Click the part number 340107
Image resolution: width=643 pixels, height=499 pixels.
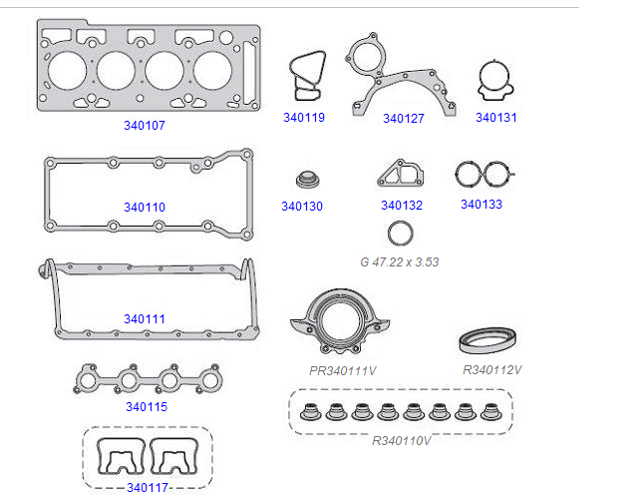[145, 127]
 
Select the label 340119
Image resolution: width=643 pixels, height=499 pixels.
[304, 118]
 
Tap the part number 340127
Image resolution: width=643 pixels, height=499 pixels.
[404, 119]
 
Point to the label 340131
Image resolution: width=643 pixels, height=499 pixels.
[495, 118]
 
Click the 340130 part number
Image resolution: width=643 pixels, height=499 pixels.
[302, 207]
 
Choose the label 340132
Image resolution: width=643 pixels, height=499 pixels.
[402, 207]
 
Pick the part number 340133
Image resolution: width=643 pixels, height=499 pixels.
[482, 205]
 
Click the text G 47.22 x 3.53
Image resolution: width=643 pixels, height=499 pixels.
[400, 262]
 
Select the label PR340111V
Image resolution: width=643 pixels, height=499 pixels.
[343, 370]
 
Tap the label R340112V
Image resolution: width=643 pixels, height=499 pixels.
[492, 369]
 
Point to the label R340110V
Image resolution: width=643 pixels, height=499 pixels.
[401, 440]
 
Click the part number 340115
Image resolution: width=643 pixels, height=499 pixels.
[147, 407]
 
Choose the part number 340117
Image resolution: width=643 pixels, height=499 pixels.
[147, 487]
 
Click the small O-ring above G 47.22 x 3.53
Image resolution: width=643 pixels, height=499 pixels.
[400, 235]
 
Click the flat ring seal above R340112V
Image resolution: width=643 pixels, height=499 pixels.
[486, 340]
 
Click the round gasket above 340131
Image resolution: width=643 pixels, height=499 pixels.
[495, 82]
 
